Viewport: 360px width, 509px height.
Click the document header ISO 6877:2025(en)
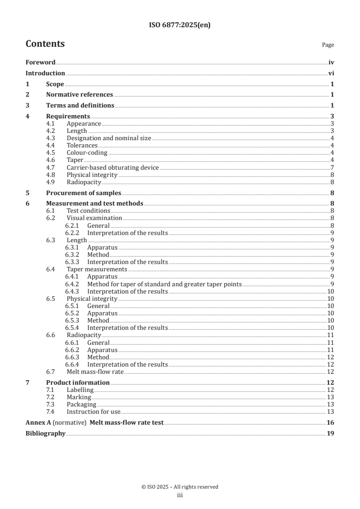[180, 25]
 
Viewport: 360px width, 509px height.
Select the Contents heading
[45, 44]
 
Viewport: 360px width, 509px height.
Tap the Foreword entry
[40, 63]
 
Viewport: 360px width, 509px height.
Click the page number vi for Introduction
[331, 73]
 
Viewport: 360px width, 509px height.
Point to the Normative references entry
[79, 95]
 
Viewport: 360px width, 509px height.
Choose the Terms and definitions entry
[80, 106]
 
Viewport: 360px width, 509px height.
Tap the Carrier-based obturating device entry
[113, 167]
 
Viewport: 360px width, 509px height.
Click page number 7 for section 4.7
[332, 167]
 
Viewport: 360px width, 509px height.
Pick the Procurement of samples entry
[84, 193]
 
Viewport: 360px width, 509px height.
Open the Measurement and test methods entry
[94, 203]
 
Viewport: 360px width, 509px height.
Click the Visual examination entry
[94, 218]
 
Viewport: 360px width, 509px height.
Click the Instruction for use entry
[94, 411]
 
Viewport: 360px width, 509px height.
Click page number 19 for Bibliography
[330, 433]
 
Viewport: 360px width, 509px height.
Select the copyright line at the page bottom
[180, 487]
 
